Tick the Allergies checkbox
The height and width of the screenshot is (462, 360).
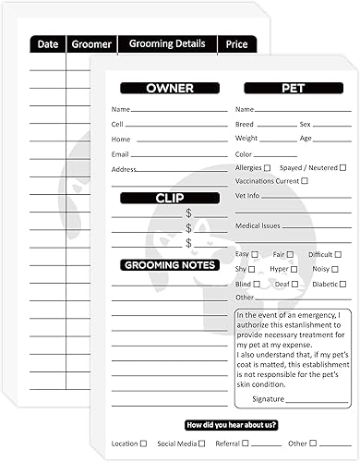(x=268, y=168)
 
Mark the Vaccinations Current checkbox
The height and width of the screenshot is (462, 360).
(x=305, y=181)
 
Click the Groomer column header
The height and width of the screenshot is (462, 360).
(x=90, y=43)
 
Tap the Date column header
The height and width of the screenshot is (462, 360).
(x=48, y=43)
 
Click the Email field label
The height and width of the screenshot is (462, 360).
(x=120, y=153)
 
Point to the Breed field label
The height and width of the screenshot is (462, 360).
(x=244, y=124)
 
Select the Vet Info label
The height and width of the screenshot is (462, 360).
(x=247, y=196)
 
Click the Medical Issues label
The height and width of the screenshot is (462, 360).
(x=258, y=225)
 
